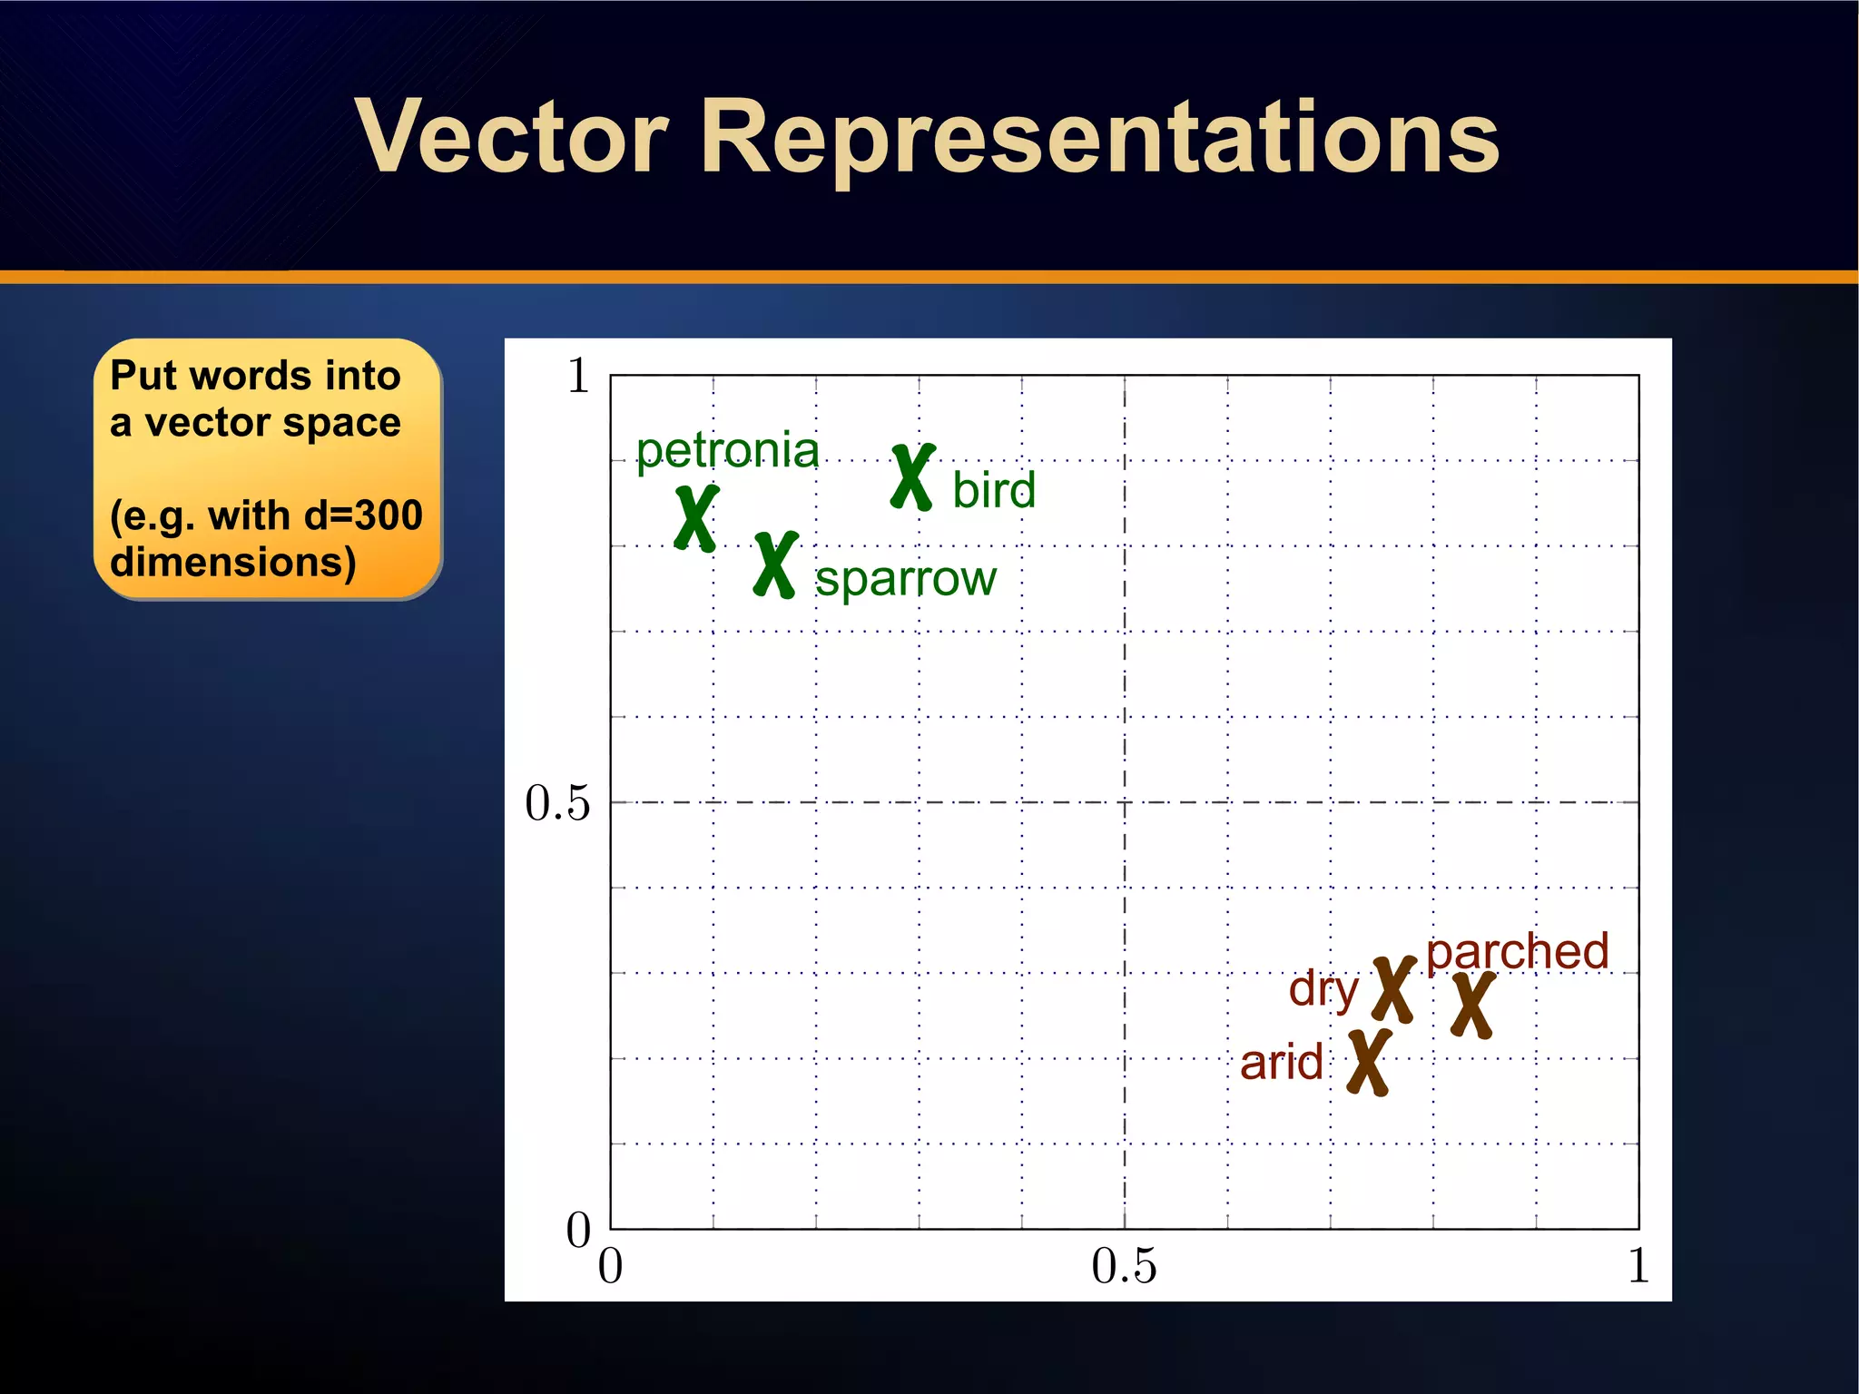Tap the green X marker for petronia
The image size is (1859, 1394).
click(696, 518)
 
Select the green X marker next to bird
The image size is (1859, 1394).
click(912, 477)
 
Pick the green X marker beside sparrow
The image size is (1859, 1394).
click(776, 564)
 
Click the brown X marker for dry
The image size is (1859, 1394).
click(1393, 990)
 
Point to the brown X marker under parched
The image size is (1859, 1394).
click(1472, 1006)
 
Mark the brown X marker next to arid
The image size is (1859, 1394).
click(1369, 1063)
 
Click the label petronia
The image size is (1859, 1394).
click(727, 451)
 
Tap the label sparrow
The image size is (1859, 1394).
click(905, 578)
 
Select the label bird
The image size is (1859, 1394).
click(993, 490)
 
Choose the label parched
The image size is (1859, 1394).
click(1517, 952)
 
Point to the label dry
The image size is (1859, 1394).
click(1323, 989)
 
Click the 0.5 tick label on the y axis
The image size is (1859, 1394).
click(557, 803)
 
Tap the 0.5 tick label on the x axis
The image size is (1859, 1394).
click(1124, 1266)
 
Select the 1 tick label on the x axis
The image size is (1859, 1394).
click(1638, 1266)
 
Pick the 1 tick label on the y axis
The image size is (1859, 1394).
click(578, 375)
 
